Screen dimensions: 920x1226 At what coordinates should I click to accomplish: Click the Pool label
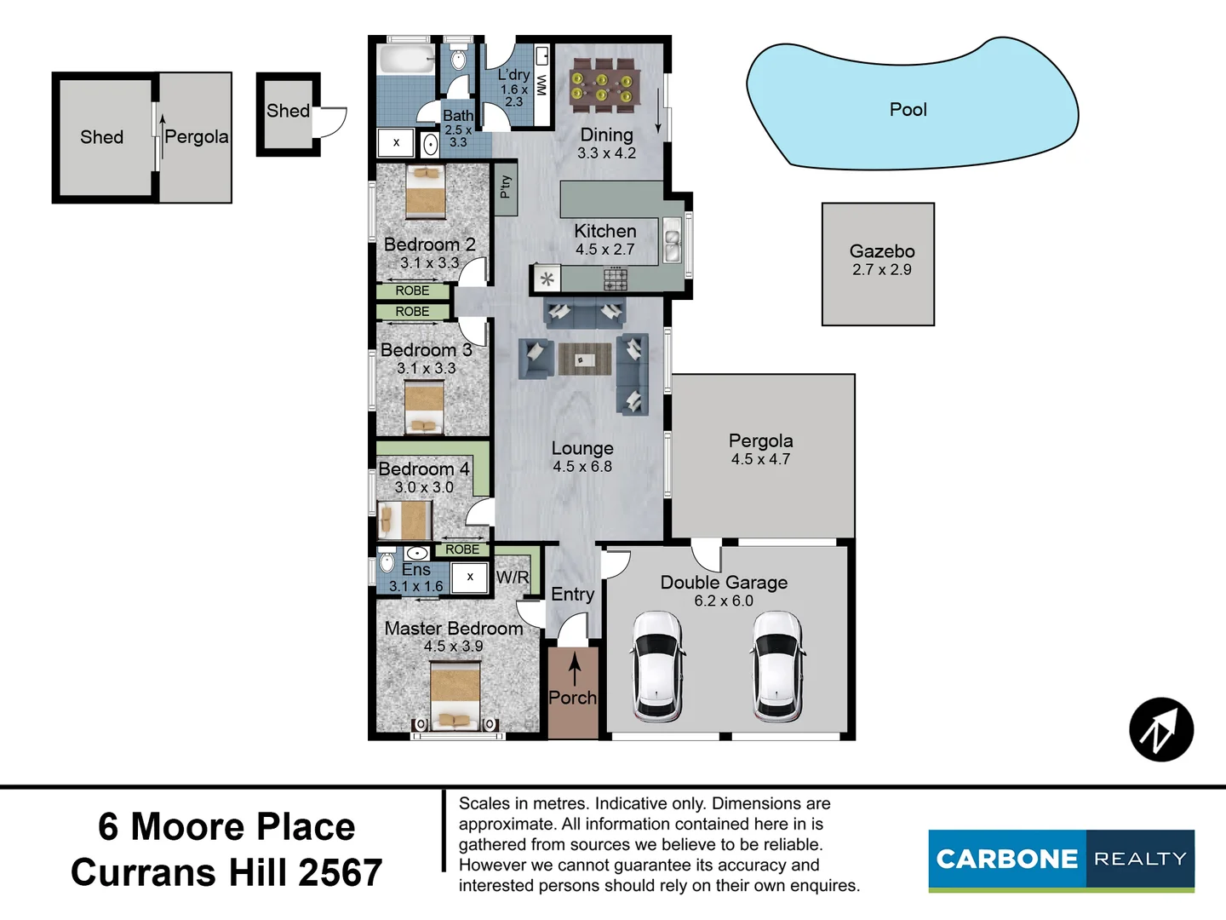908,110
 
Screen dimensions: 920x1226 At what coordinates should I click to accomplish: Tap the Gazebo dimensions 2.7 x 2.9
881,270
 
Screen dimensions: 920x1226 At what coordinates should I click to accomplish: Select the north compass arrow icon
1160,729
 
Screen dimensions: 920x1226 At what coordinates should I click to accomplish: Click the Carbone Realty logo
1061,860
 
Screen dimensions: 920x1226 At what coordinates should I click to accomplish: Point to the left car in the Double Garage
657,666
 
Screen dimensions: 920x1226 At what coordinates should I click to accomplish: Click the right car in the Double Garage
776,666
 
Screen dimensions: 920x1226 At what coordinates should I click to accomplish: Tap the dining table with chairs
605,84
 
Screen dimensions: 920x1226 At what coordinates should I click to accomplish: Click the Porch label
572,698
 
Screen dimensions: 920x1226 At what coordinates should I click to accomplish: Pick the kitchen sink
673,241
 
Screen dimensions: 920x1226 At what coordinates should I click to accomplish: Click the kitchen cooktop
615,279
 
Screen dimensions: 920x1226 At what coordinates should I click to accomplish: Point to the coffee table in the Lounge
584,359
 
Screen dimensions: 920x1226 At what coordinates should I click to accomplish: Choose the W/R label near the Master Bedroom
512,578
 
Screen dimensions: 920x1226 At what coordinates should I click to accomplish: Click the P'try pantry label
506,187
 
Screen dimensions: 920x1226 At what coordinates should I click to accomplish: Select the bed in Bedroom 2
425,192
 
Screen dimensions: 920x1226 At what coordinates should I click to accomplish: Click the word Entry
572,595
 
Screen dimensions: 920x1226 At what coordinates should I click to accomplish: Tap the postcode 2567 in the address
341,873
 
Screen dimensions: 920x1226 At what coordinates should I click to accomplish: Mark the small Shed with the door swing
288,114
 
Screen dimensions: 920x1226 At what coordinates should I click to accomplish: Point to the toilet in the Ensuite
387,562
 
